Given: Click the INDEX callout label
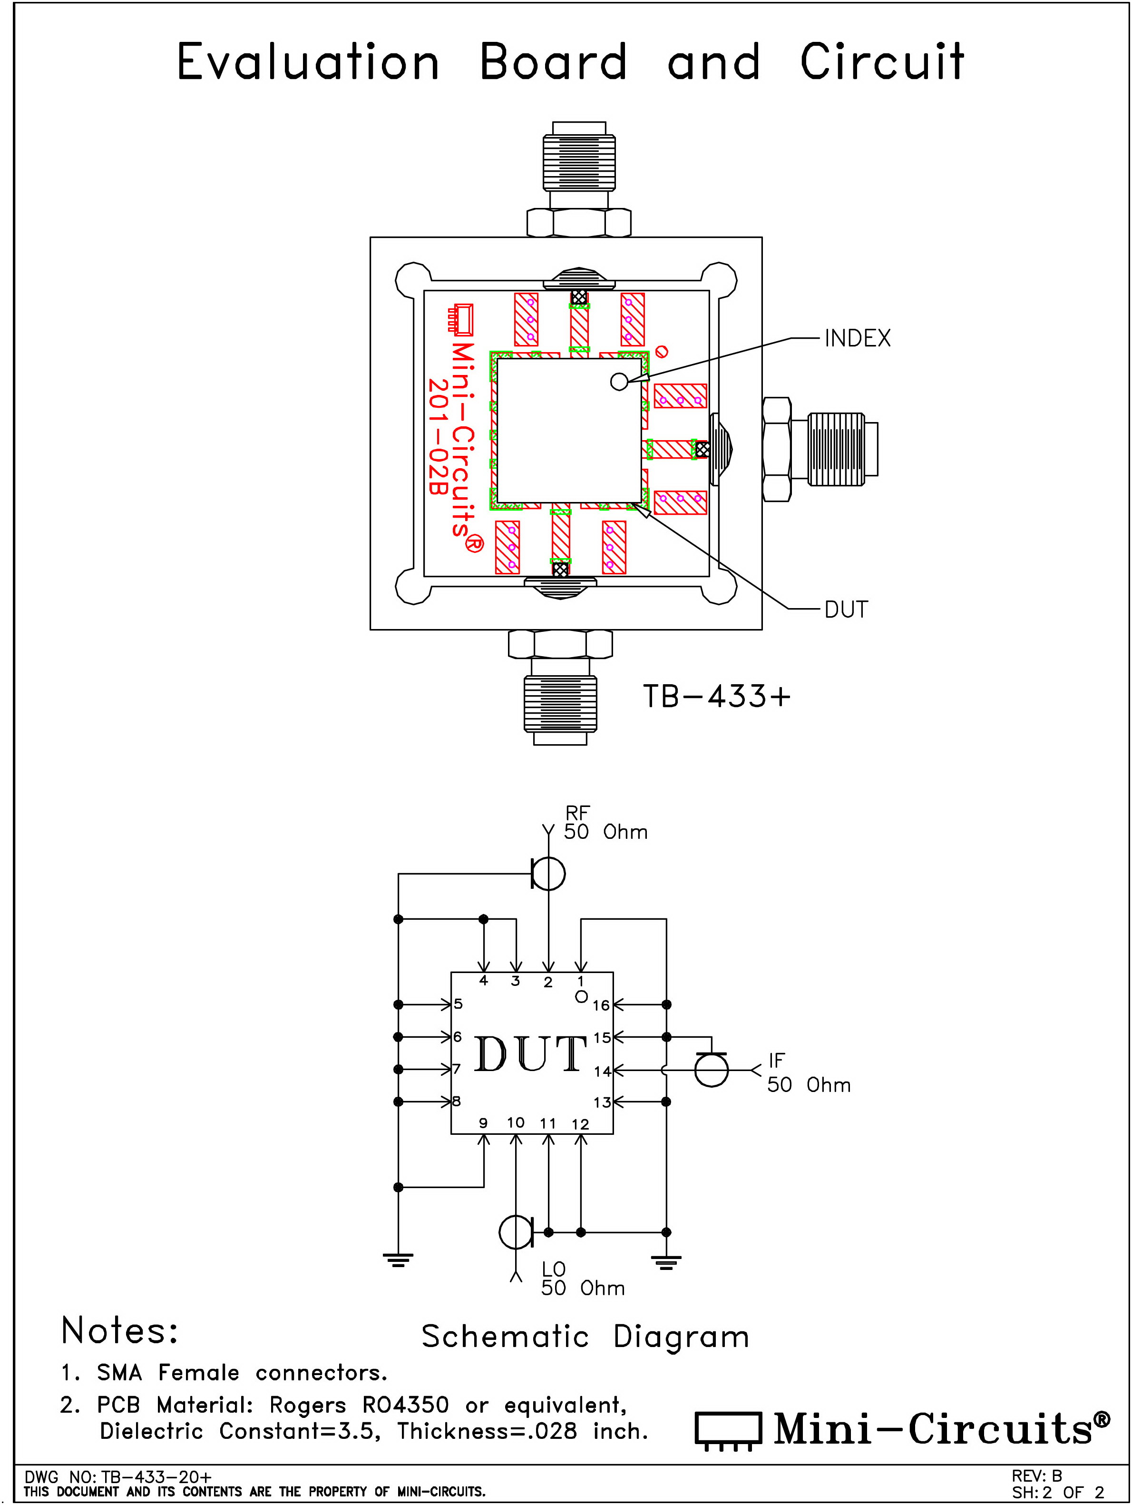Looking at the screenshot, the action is pyautogui.click(x=857, y=338).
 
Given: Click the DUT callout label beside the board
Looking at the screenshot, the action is pyautogui.click(x=846, y=609).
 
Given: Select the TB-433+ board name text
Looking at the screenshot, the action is pyautogui.click(x=717, y=696).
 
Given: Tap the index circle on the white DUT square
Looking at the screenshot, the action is pyautogui.click(x=619, y=382).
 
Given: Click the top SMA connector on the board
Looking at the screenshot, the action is pyautogui.click(x=579, y=178).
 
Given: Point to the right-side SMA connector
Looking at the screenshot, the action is pyautogui.click(x=820, y=449).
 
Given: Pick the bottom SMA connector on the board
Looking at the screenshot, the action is pyautogui.click(x=560, y=687).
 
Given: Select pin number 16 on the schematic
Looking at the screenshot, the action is pyautogui.click(x=601, y=1005).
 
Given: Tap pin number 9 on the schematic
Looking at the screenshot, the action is pyautogui.click(x=483, y=1122).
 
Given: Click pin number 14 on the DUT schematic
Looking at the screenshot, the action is pyautogui.click(x=602, y=1072).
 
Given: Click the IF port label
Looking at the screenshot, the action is pyautogui.click(x=776, y=1060).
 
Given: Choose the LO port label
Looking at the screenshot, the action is pyautogui.click(x=553, y=1269).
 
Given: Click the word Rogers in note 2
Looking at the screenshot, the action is pyautogui.click(x=307, y=1405).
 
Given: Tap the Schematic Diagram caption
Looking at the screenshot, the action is pyautogui.click(x=585, y=1337).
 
